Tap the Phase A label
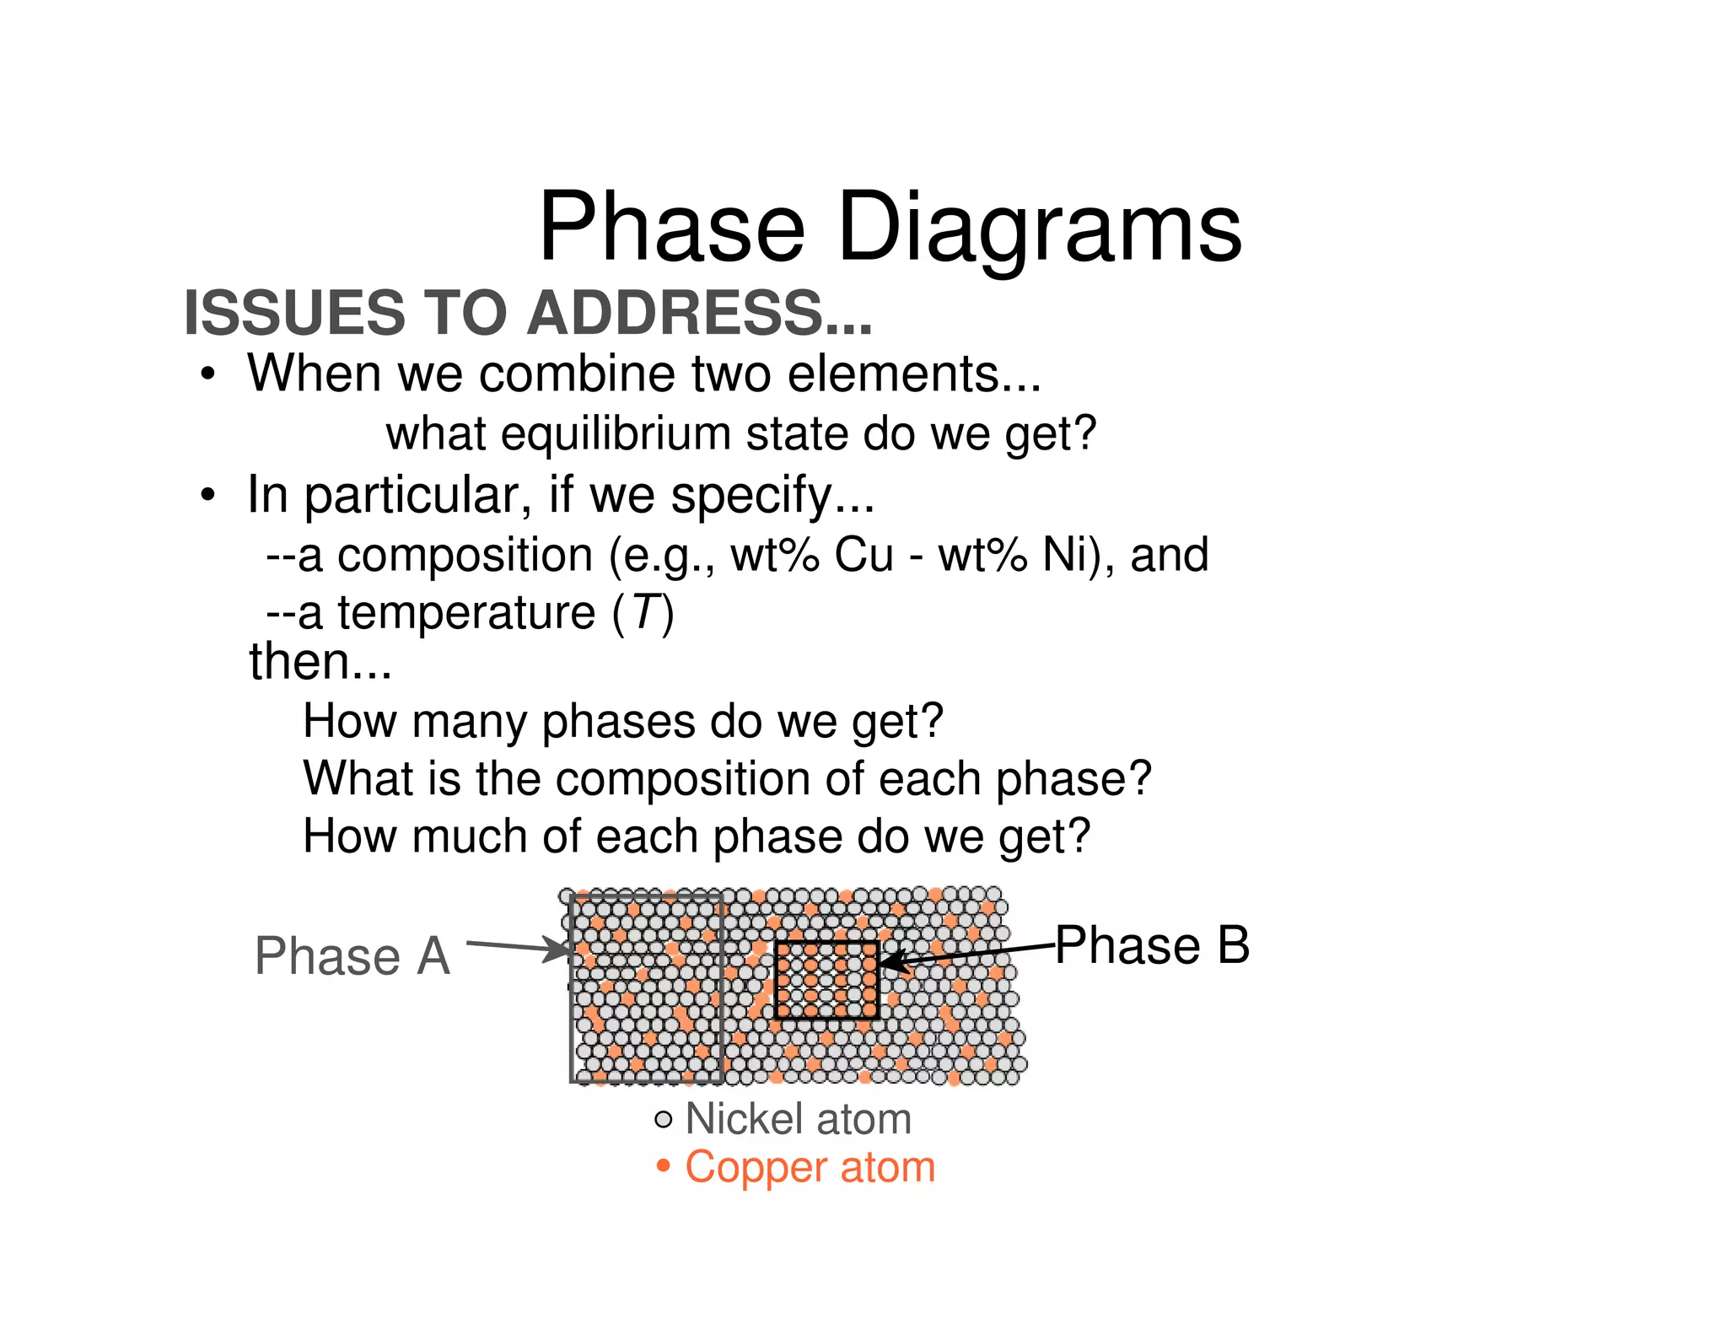[352, 956]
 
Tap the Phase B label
[1152, 945]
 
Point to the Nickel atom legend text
[798, 1120]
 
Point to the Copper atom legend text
[810, 1168]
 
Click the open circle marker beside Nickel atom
[664, 1120]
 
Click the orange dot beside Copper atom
[664, 1167]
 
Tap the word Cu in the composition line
[863, 556]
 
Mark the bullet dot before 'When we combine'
[208, 374]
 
